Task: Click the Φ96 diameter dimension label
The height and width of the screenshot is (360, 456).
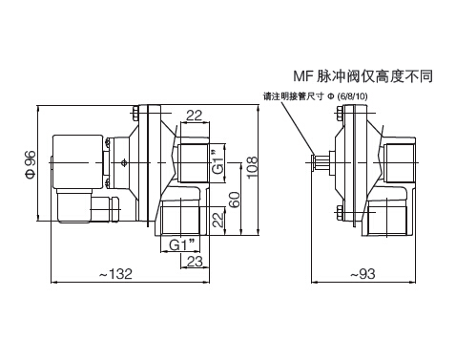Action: [x=31, y=164]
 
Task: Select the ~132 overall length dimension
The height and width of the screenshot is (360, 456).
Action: [x=115, y=274]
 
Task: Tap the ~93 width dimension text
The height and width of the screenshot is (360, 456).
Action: [x=363, y=274]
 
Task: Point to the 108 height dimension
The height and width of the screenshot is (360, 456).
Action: [x=252, y=167]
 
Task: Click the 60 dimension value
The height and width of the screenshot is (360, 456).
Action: [x=235, y=200]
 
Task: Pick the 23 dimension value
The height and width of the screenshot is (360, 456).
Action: [x=195, y=262]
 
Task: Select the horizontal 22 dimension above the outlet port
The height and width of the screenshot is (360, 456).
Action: [x=195, y=116]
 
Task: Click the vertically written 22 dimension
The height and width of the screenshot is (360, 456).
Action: [x=218, y=220]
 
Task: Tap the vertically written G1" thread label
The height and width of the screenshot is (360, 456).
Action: [x=218, y=162]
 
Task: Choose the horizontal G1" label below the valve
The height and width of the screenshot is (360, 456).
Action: [x=181, y=245]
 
